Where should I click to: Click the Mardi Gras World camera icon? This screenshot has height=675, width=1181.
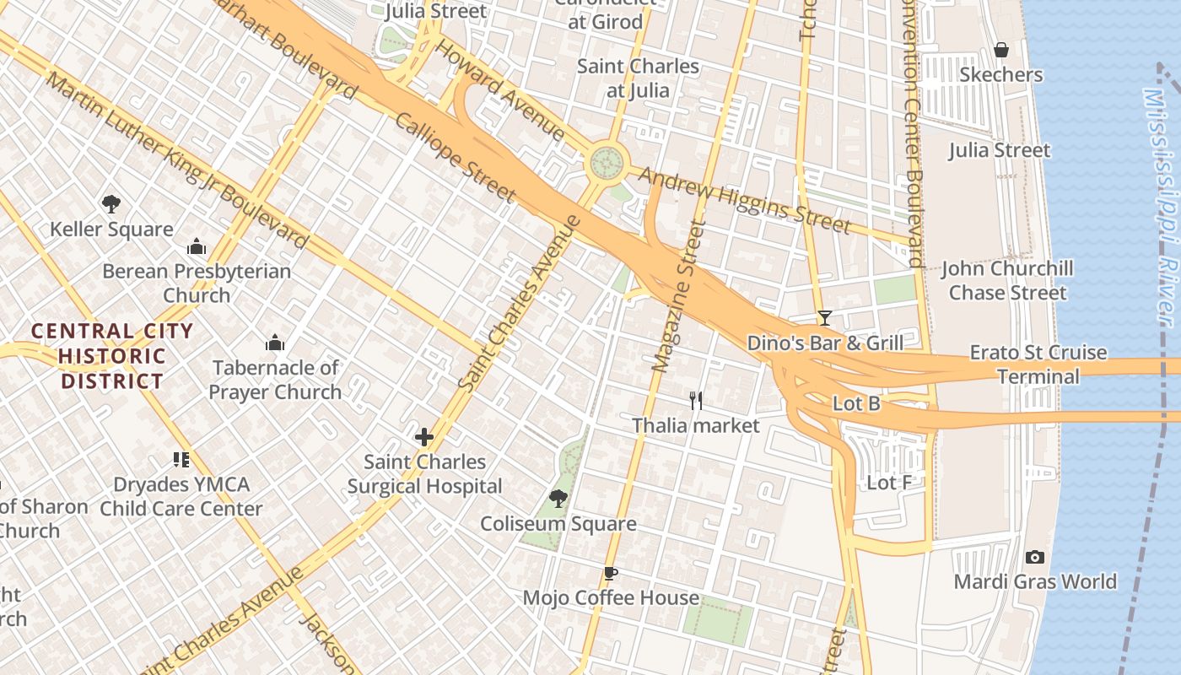[1034, 557]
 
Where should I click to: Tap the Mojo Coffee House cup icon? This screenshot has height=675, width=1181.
[611, 574]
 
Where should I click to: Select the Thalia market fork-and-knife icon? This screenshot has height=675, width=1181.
[696, 400]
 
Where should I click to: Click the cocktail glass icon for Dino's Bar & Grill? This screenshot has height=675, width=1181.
[824, 318]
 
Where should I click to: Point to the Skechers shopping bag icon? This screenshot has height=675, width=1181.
[1001, 50]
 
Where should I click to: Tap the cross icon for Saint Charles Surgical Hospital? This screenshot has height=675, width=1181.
[424, 437]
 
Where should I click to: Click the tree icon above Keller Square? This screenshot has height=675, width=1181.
[111, 203]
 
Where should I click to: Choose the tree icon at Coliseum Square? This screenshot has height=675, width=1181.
[558, 498]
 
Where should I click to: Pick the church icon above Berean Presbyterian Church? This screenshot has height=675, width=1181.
[197, 246]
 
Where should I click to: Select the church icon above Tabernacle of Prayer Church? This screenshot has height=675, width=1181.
[275, 343]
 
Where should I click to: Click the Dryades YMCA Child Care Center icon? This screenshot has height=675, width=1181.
[181, 460]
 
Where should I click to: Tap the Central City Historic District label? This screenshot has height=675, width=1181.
[112, 356]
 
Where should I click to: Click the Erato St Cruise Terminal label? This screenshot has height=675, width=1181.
[1038, 364]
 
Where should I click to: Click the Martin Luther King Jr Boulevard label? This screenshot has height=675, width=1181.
[177, 160]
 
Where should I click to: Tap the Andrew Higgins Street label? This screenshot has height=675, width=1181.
[744, 200]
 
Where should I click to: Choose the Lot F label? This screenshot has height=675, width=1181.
[889, 483]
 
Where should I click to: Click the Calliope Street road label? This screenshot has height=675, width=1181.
[455, 158]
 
